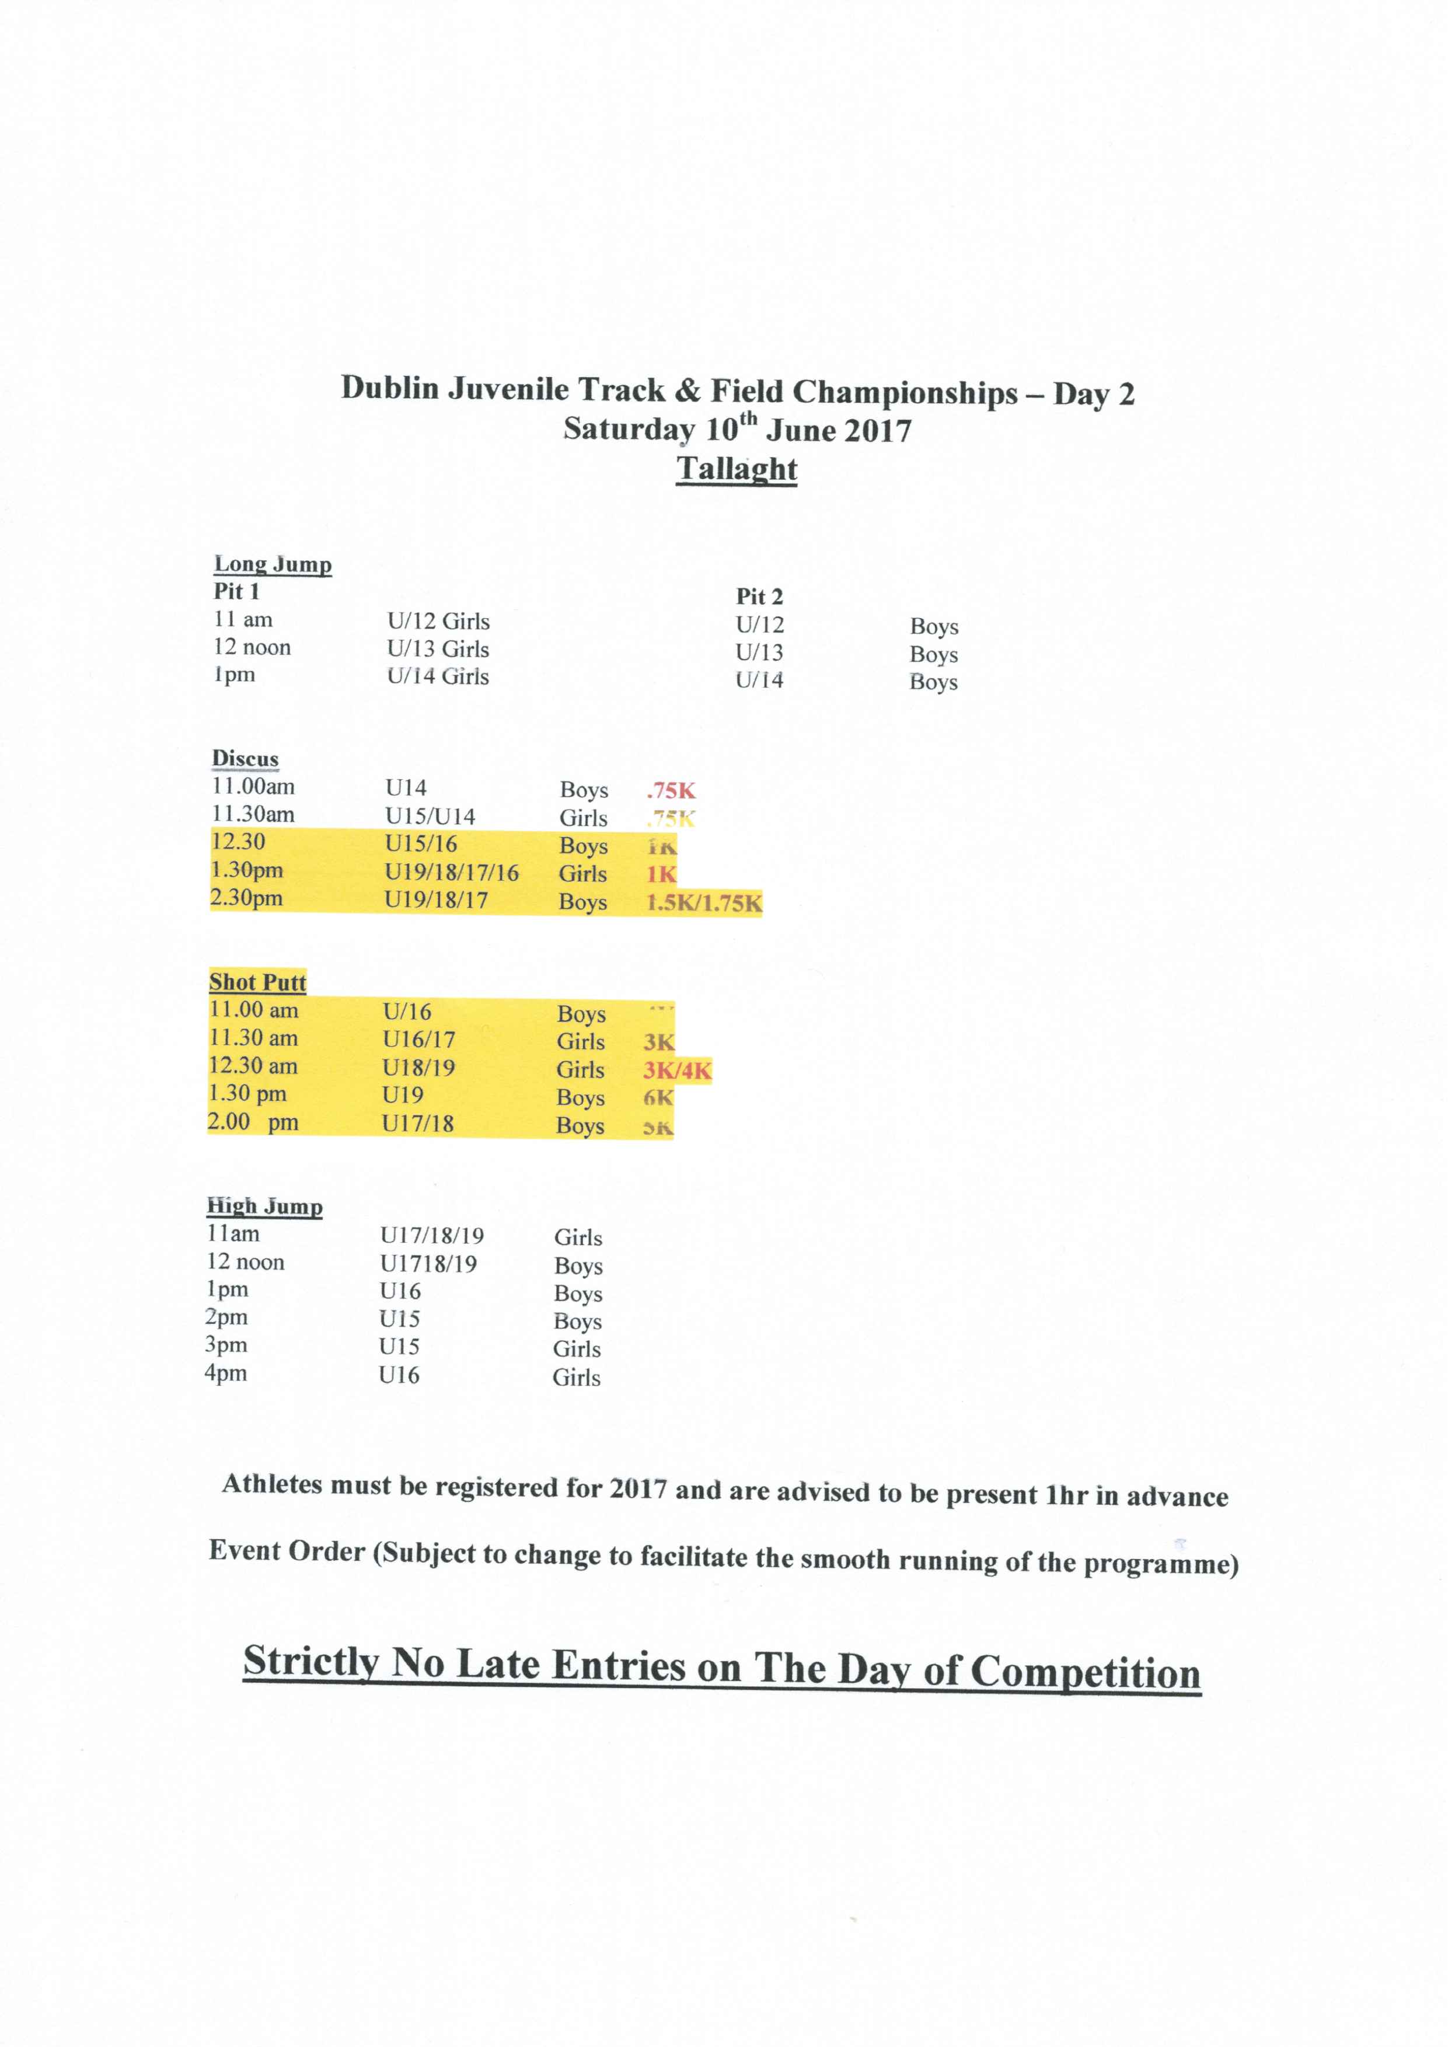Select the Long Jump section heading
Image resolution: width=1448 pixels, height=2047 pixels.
pos(273,564)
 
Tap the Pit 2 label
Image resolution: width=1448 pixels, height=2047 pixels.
pos(759,597)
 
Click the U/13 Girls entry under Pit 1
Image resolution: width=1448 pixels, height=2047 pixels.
pos(438,649)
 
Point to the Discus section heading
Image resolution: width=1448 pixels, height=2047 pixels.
pos(245,759)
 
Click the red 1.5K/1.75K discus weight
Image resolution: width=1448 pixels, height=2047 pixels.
pos(703,902)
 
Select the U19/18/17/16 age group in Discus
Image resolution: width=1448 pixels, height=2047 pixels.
pos(451,873)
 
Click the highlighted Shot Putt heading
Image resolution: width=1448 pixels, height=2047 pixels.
pos(258,982)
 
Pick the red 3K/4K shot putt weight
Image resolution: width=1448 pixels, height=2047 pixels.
pos(677,1070)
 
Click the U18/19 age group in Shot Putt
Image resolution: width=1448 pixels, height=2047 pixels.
pos(418,1067)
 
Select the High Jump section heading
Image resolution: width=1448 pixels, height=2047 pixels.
pos(265,1206)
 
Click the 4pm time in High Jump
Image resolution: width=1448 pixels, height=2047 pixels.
pos(226,1372)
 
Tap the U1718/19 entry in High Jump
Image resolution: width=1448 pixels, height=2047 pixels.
pos(428,1263)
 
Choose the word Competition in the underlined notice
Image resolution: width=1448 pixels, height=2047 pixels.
pos(1085,1672)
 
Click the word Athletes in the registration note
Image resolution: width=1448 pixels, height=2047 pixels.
pos(272,1484)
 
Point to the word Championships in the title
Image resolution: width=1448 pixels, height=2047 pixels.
pos(905,392)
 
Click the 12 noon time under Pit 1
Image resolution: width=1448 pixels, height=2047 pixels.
pos(252,647)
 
